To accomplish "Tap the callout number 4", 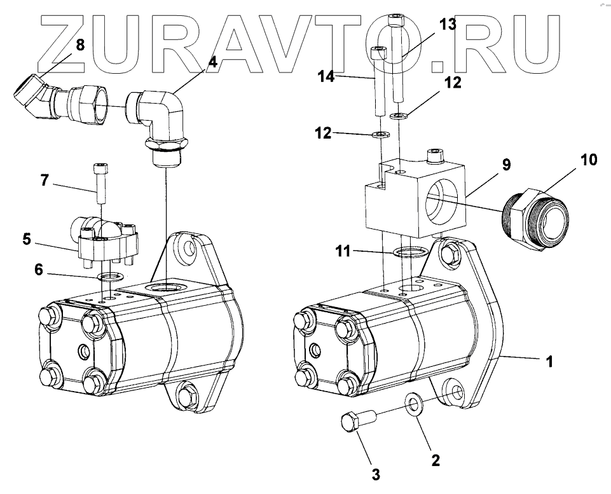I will coord(212,62).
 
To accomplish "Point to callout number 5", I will coord(26,240).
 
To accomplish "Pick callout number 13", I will coord(447,25).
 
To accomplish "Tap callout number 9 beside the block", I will coord(506,165).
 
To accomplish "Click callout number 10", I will coord(589,159).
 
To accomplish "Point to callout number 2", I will coord(435,459).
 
